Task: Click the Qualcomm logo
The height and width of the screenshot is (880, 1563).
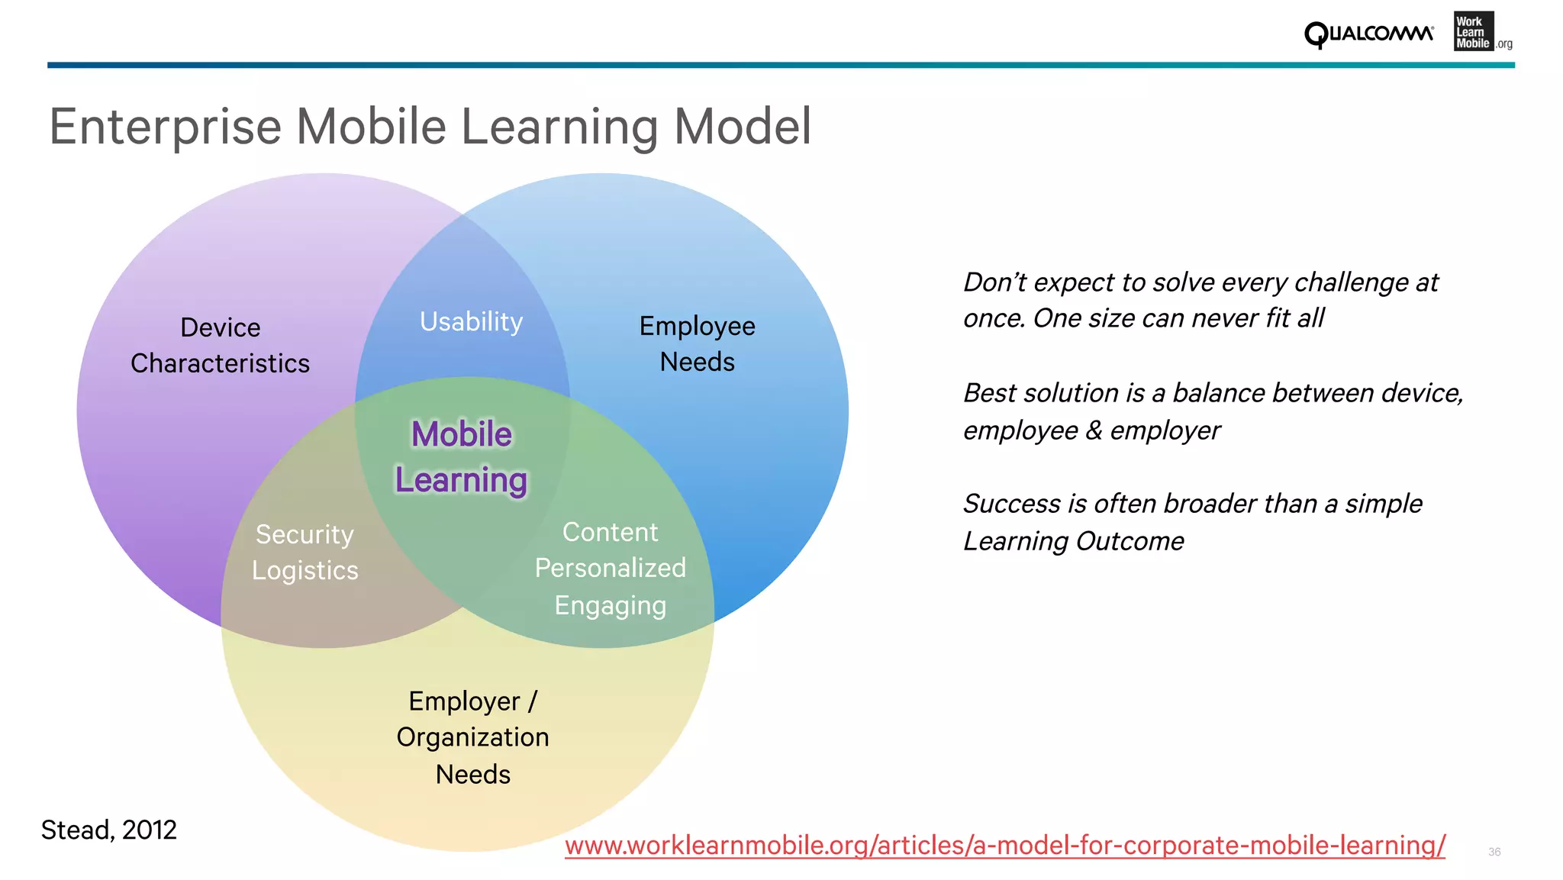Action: (1368, 34)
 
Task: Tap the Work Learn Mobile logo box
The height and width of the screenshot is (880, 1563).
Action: (1474, 32)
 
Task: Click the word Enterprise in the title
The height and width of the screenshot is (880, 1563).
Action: (165, 127)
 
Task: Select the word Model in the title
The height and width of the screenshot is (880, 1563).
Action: (742, 127)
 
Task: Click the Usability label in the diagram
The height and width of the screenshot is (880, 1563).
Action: (471, 322)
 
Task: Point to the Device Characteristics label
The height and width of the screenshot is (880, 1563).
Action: (220, 346)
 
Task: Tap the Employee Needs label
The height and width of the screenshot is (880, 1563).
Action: (697, 344)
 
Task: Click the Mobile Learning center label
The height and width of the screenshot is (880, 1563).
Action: (461, 457)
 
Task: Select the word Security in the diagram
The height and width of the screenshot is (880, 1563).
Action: (305, 534)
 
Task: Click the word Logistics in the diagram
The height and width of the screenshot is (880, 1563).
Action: (305, 571)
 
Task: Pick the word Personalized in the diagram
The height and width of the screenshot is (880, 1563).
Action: (610, 568)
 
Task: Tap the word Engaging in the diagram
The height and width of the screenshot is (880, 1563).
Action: (610, 605)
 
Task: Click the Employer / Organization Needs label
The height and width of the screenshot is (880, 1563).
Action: (472, 737)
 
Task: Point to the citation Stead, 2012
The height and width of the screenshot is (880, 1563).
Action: (108, 830)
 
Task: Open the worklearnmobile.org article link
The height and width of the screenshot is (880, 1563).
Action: (1004, 846)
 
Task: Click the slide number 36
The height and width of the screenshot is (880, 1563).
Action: (1494, 852)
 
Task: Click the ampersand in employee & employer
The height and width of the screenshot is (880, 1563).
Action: (1094, 430)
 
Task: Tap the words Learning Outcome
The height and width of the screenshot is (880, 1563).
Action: (1073, 541)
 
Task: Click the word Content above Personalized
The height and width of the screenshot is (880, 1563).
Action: (610, 532)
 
